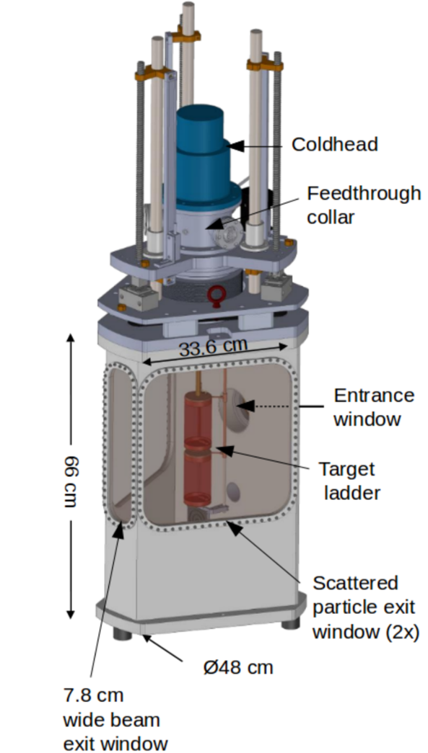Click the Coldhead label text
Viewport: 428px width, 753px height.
point(335,144)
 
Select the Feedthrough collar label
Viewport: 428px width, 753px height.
point(364,205)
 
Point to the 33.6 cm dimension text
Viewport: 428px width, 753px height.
point(214,347)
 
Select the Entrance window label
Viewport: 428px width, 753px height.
point(374,407)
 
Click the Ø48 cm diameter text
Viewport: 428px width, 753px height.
point(238,667)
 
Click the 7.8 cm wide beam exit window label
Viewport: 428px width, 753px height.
point(115,720)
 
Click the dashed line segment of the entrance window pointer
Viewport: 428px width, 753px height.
point(272,406)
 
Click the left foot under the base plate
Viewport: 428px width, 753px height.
point(123,633)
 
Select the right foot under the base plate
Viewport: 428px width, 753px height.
point(290,623)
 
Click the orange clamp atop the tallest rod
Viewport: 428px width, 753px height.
point(186,32)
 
